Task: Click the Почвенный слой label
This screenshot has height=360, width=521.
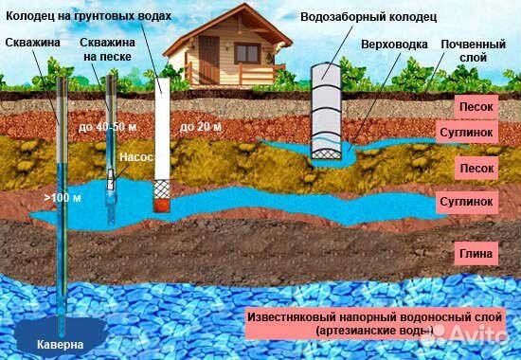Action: pos(474,51)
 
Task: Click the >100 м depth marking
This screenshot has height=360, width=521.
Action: pos(56,199)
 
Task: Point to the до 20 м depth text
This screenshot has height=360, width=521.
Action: pos(201,126)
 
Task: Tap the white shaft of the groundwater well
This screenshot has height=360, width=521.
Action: pos(162,133)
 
